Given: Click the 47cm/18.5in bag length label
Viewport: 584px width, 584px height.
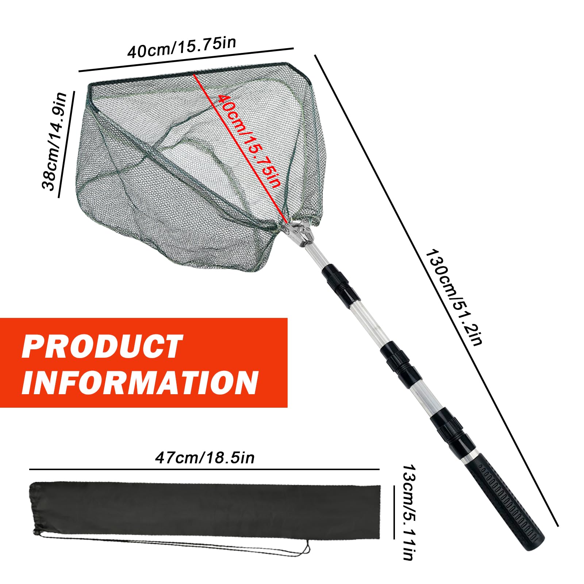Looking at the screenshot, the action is pyautogui.click(x=205, y=457).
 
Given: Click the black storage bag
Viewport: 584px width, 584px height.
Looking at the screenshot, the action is pyautogui.click(x=204, y=511).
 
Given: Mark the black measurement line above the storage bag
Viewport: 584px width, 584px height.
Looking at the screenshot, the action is pyautogui.click(x=204, y=469).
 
